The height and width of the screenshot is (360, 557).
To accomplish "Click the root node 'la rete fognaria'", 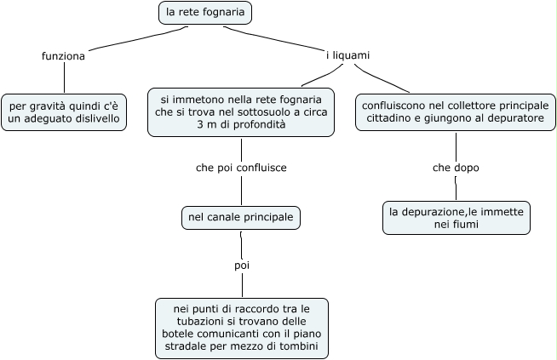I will coord(205,14).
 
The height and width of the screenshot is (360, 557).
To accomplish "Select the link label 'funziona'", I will coord(63,56).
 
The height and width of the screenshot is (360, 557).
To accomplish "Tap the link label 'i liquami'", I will coord(347,55).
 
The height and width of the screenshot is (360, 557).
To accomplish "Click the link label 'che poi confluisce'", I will coord(241,168).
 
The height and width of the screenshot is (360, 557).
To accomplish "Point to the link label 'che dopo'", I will coord(456,168).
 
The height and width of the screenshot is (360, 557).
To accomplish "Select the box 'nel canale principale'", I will coord(241,218).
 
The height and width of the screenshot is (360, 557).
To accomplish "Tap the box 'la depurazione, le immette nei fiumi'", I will coord(456,217).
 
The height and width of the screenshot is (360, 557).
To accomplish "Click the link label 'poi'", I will coord(241,266).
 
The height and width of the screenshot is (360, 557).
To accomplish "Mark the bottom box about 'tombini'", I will coord(242,327).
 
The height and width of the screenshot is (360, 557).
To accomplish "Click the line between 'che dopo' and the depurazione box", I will coord(456,187).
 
